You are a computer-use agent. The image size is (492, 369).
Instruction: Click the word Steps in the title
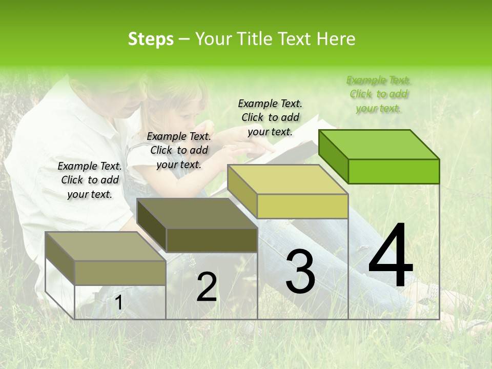coord(151,39)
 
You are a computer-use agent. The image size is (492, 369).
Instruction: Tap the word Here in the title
coord(336,39)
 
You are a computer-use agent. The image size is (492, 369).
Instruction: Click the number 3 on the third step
coord(300,272)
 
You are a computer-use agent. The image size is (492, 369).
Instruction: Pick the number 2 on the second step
coord(207,288)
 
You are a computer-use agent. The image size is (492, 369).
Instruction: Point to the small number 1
coord(118,303)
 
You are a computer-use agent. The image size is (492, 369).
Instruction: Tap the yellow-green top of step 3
coord(288,180)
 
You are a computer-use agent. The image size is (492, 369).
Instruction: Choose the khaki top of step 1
coord(106,247)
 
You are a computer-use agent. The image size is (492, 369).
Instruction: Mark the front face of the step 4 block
coord(394,171)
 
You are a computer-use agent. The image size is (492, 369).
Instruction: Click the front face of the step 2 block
coord(212,240)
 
